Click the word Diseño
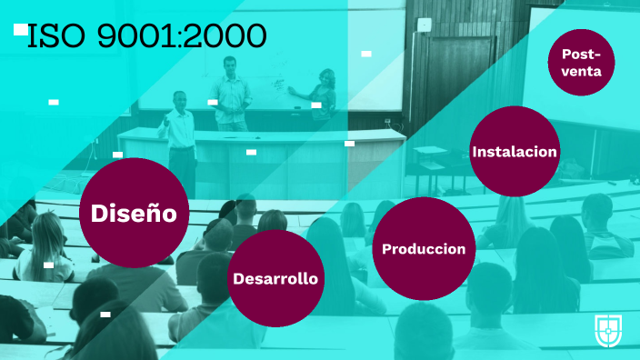point(134,214)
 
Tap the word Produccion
point(424,249)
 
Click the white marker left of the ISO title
point(20,29)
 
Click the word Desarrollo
point(275,278)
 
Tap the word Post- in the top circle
point(582,53)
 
